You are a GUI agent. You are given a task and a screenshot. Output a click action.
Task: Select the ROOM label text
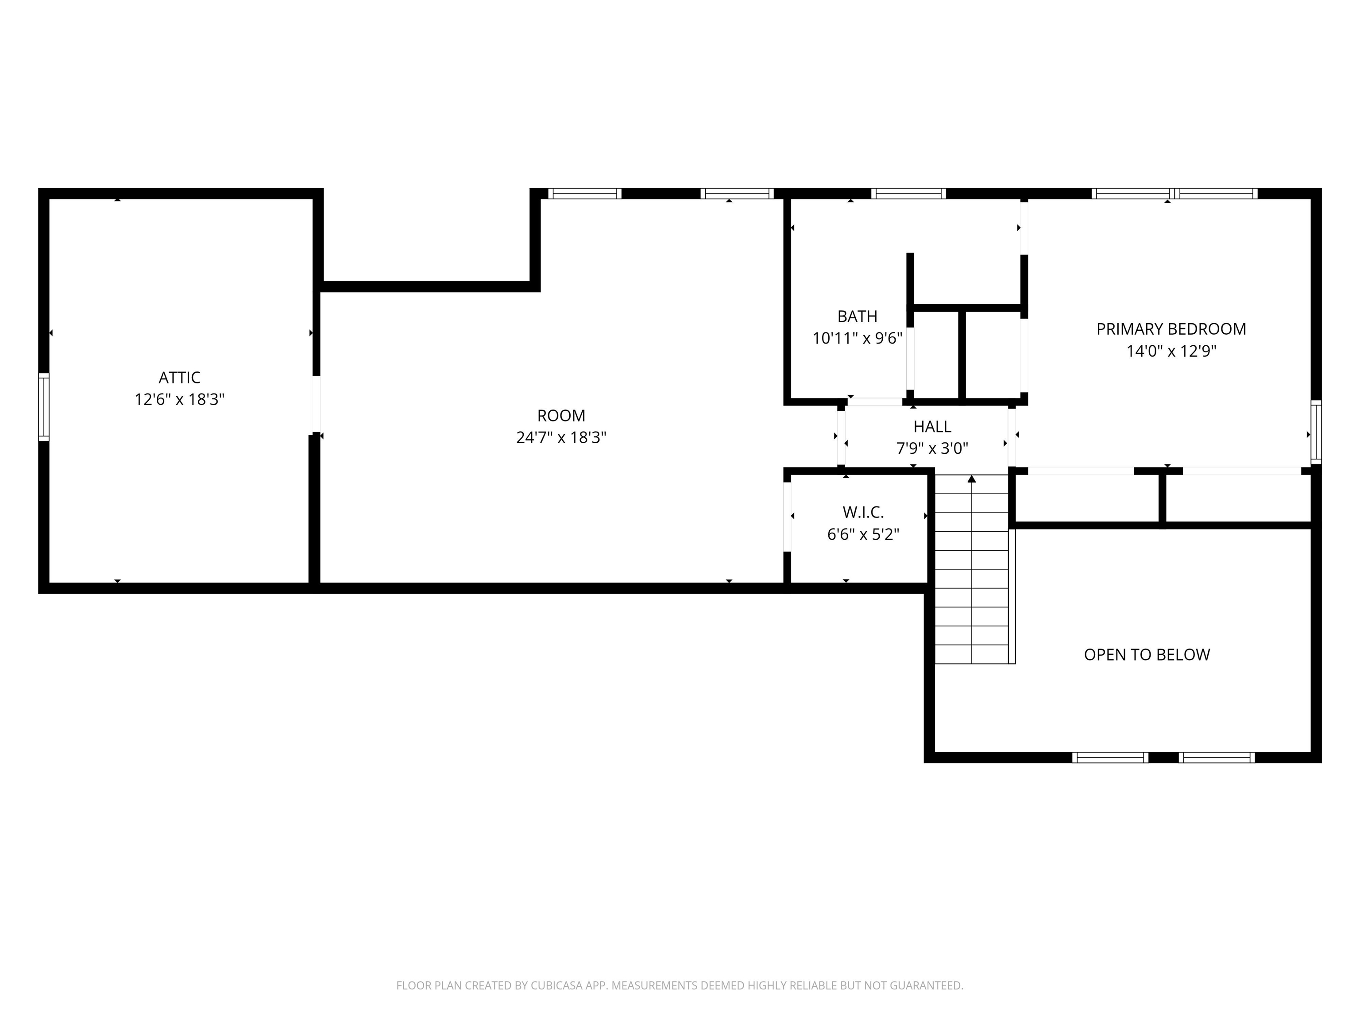tap(561, 416)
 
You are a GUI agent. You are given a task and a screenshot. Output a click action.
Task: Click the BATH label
tap(857, 317)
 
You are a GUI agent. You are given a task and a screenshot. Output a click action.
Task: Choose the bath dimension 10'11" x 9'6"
tap(857, 339)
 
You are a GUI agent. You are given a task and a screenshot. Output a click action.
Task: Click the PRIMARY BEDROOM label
tap(1171, 329)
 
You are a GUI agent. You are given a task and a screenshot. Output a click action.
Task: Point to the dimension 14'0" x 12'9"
tap(1171, 351)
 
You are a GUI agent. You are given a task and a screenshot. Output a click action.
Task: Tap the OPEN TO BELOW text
tap(1146, 655)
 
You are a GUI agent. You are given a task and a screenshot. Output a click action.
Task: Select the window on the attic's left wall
tap(44, 407)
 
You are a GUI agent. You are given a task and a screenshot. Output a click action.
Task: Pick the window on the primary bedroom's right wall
tap(1315, 432)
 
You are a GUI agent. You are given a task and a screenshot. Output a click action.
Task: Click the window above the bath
tap(908, 193)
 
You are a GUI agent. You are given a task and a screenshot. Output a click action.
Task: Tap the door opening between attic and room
tap(316, 405)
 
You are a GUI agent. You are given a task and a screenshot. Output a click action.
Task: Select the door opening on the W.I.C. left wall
tap(787, 517)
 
